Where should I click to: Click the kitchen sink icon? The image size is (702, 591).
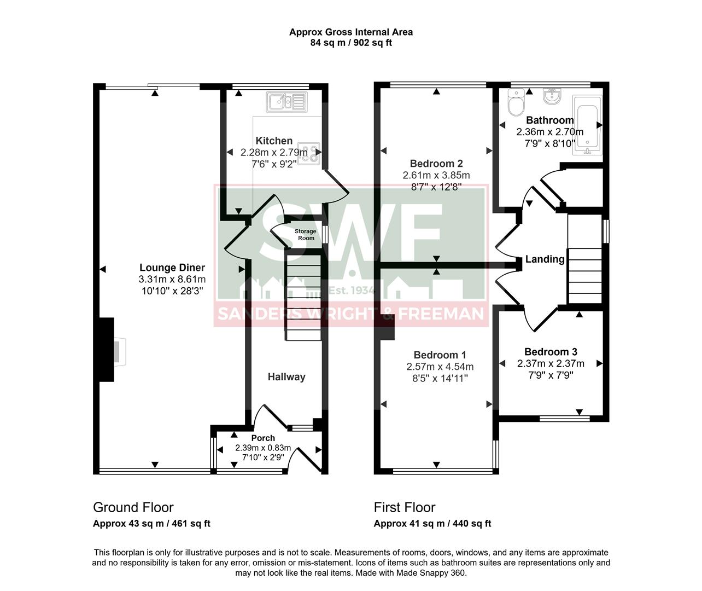tap(286, 101)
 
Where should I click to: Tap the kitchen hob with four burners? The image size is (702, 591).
tap(309, 153)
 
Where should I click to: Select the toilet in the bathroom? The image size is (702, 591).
tap(516, 102)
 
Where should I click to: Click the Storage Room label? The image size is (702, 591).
tap(306, 235)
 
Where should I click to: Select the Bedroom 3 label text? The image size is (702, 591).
tap(551, 352)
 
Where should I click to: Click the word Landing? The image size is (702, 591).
tap(545, 259)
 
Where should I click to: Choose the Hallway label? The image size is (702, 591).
tap(286, 376)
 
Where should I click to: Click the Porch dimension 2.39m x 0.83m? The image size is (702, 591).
tap(263, 448)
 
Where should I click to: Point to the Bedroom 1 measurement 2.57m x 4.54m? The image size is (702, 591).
tap(440, 367)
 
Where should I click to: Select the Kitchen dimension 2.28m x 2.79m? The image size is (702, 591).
tap(274, 152)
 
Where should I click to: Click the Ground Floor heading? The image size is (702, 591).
tap(133, 507)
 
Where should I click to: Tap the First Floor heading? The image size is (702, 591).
tap(405, 507)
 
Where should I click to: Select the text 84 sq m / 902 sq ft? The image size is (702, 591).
tap(351, 43)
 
